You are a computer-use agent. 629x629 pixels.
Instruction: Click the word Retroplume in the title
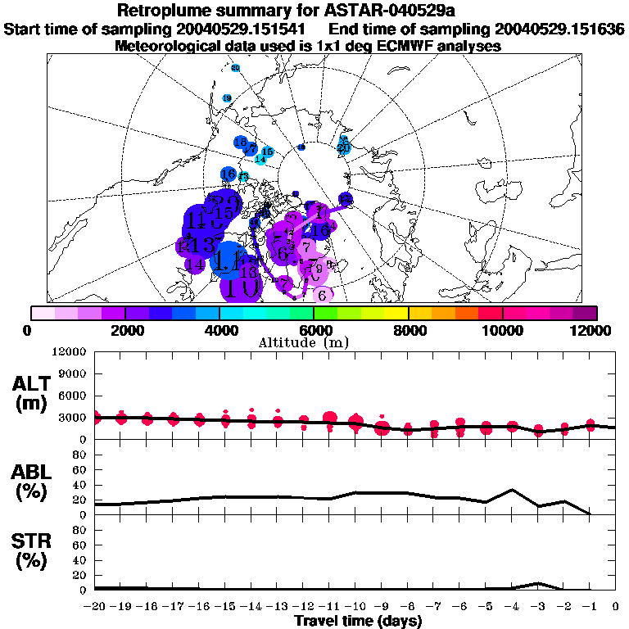164,11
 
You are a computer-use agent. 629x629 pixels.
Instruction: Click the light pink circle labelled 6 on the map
323,295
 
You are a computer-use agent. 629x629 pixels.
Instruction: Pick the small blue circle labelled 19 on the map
227,98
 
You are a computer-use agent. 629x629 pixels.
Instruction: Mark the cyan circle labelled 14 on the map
260,159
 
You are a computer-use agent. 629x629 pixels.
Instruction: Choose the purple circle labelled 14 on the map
195,265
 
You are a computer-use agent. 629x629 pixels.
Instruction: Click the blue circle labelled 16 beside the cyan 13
229,174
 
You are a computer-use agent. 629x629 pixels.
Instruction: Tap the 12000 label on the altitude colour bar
593,330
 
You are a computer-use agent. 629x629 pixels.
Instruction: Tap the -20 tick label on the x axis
95,607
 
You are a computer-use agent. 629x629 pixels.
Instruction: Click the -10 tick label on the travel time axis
355,607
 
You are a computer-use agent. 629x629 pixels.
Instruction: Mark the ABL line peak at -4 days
512,490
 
